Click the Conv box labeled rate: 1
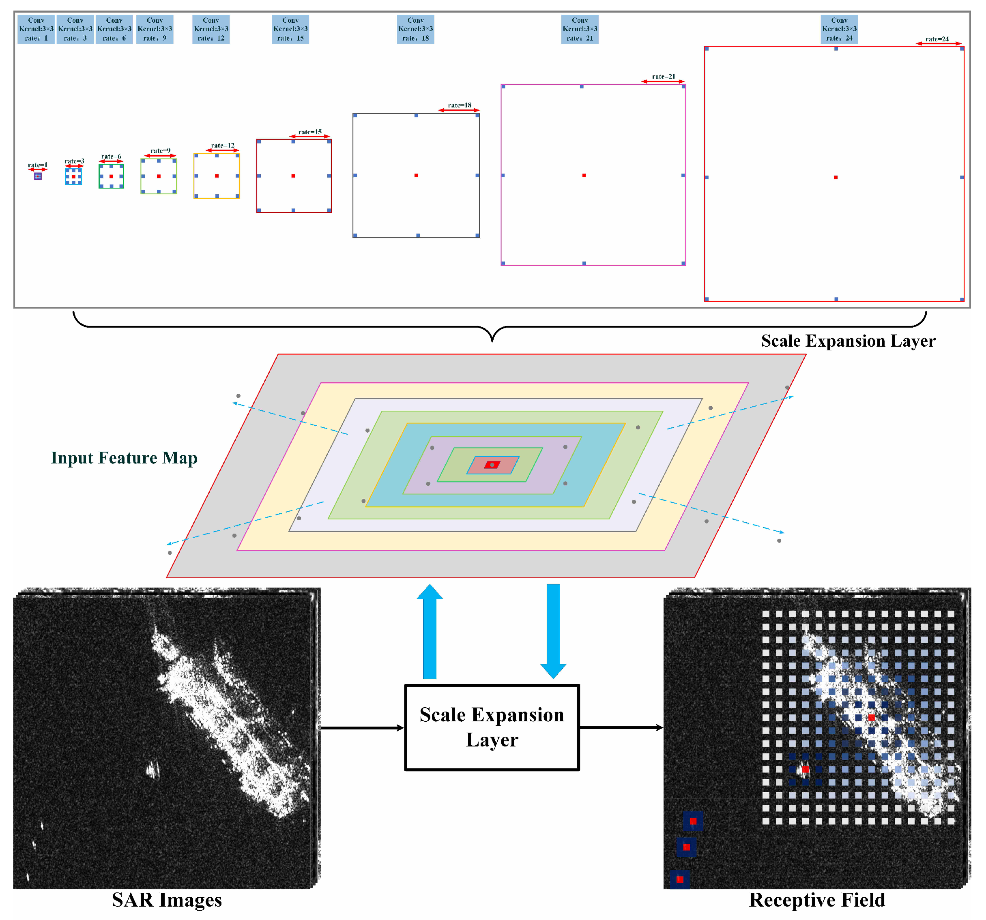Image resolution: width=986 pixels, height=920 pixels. point(36,29)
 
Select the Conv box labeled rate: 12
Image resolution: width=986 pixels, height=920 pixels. point(211,29)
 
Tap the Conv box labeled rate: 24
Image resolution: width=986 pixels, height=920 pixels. point(839,29)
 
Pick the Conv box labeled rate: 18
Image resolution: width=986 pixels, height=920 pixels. point(415,29)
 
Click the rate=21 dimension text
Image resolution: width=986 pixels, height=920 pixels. point(663,76)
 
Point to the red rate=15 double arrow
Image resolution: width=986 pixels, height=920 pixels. point(310,137)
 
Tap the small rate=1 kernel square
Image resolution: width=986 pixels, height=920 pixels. point(38,176)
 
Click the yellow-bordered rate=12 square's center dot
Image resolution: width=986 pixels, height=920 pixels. point(217,176)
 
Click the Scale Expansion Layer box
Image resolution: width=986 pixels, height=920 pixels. point(492,727)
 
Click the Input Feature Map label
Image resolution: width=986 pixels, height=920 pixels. point(124,457)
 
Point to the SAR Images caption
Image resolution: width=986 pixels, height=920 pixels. point(167,899)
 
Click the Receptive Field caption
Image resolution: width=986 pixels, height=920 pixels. point(817,899)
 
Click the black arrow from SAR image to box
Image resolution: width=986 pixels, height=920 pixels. point(362,728)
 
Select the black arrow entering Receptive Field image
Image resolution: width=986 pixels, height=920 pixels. point(621,727)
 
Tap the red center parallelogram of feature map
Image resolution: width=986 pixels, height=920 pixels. point(492,465)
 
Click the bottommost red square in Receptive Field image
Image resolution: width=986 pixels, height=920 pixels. point(680,879)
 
